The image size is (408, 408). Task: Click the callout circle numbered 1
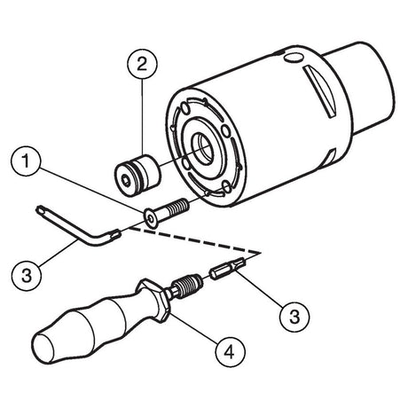coord(26,161)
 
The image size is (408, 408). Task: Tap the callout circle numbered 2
coord(142,65)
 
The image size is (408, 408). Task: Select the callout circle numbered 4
coord(231,352)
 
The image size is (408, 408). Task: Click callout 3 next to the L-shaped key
coord(27,276)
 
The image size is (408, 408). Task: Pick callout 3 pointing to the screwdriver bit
coord(294,317)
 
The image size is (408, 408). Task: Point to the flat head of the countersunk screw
coord(151,219)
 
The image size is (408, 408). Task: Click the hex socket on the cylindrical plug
coord(127,180)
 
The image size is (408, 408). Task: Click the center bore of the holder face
coord(202,147)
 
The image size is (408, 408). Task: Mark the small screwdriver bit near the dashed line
coord(227,267)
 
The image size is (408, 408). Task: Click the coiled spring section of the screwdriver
coord(188,286)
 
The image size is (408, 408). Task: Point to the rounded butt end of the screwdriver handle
coord(44,348)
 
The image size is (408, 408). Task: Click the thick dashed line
coord(195,240)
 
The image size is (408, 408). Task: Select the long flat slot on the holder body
coord(320,91)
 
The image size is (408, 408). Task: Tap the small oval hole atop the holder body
coord(294,58)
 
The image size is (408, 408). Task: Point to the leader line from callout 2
coord(142,117)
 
